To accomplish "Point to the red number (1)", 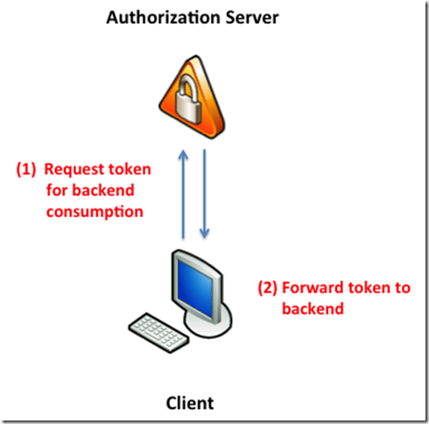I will (25, 169).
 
